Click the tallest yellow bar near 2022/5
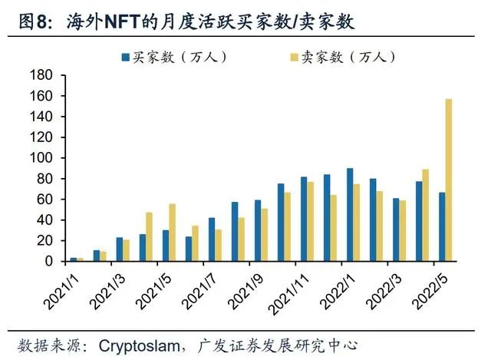(x=449, y=180)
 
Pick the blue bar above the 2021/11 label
(x=303, y=219)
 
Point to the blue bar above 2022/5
(x=442, y=226)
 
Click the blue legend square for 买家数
(x=124, y=56)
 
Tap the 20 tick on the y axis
(x=43, y=241)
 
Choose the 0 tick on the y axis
(x=47, y=262)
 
